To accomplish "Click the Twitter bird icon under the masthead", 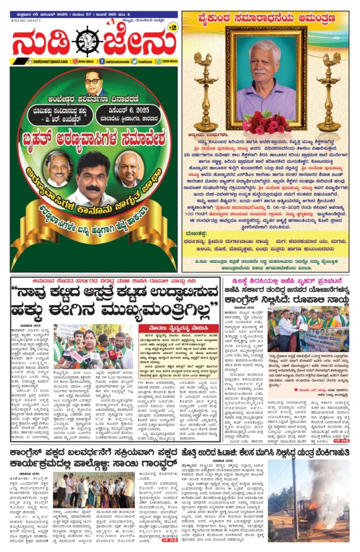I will [141, 61].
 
